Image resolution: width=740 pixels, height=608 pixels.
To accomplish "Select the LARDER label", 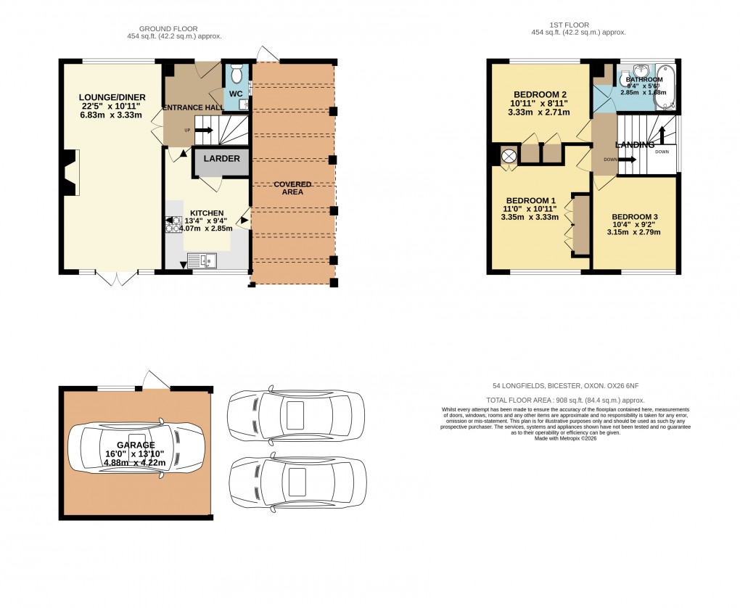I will point(216,158).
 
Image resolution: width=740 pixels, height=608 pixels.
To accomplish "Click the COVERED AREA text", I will point(292,189).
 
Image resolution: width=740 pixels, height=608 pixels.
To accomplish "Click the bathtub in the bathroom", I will point(667,89).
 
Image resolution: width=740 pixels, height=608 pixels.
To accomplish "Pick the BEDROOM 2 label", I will point(540,95).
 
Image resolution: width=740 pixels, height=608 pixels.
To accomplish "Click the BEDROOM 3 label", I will point(635,217).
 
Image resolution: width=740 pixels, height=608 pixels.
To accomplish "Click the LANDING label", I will point(636,145).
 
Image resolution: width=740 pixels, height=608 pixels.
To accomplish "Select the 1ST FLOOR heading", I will point(578,25).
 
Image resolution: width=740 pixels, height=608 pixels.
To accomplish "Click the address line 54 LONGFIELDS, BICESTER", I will point(565,386).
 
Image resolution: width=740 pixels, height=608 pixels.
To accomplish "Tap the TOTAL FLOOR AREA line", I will point(565,400).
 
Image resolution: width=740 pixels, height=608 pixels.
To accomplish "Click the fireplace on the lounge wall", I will point(69,173).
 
